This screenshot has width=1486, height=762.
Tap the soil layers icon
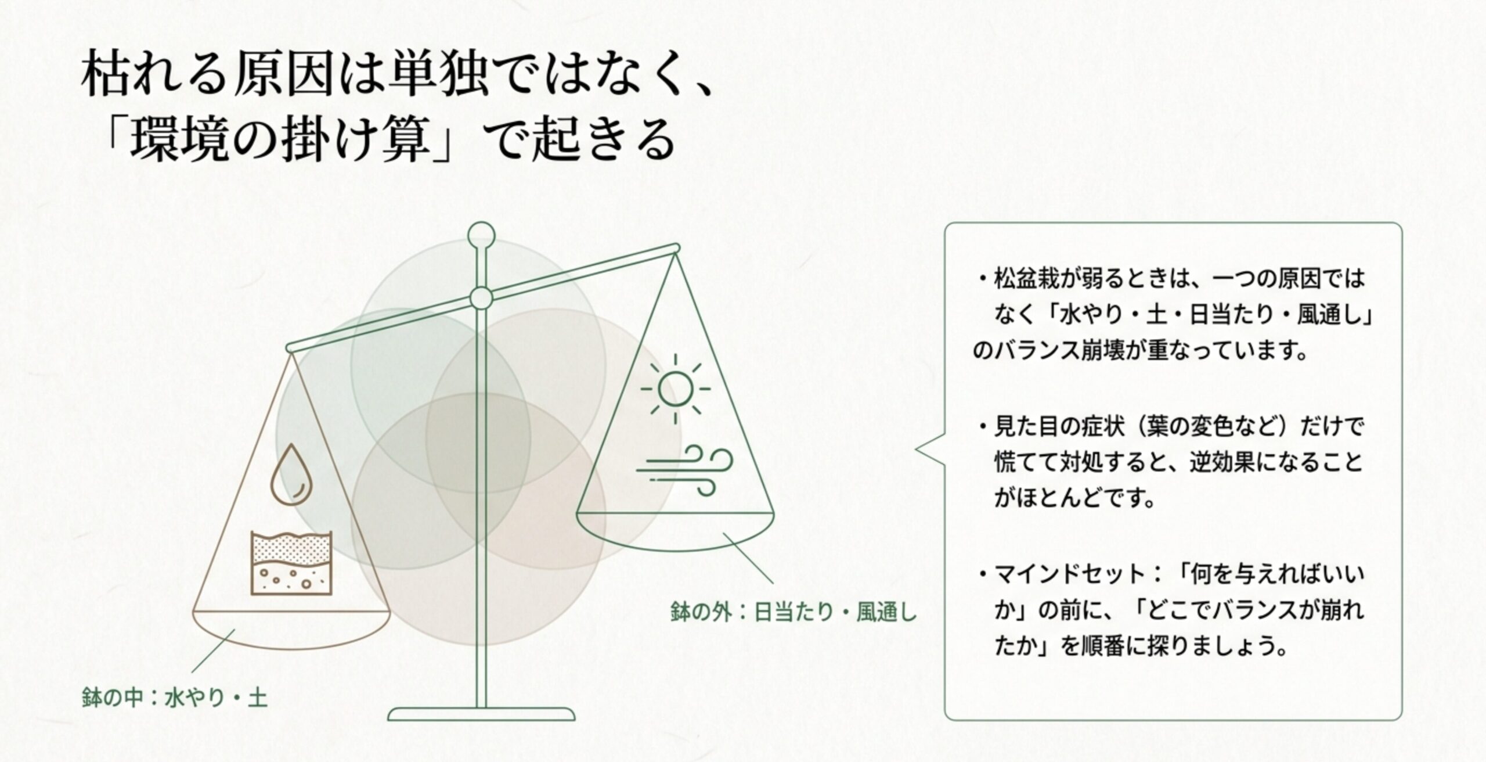291,562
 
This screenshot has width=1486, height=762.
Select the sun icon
675,389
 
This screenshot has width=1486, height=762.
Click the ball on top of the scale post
481,235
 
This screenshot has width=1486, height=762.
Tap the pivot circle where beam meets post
481,299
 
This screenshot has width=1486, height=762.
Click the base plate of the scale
481,714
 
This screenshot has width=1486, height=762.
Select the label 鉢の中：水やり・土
175,698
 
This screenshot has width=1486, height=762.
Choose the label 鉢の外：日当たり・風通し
793,612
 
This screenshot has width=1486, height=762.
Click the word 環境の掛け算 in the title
279,143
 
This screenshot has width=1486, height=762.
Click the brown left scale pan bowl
291,630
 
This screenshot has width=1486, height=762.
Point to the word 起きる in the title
604,143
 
